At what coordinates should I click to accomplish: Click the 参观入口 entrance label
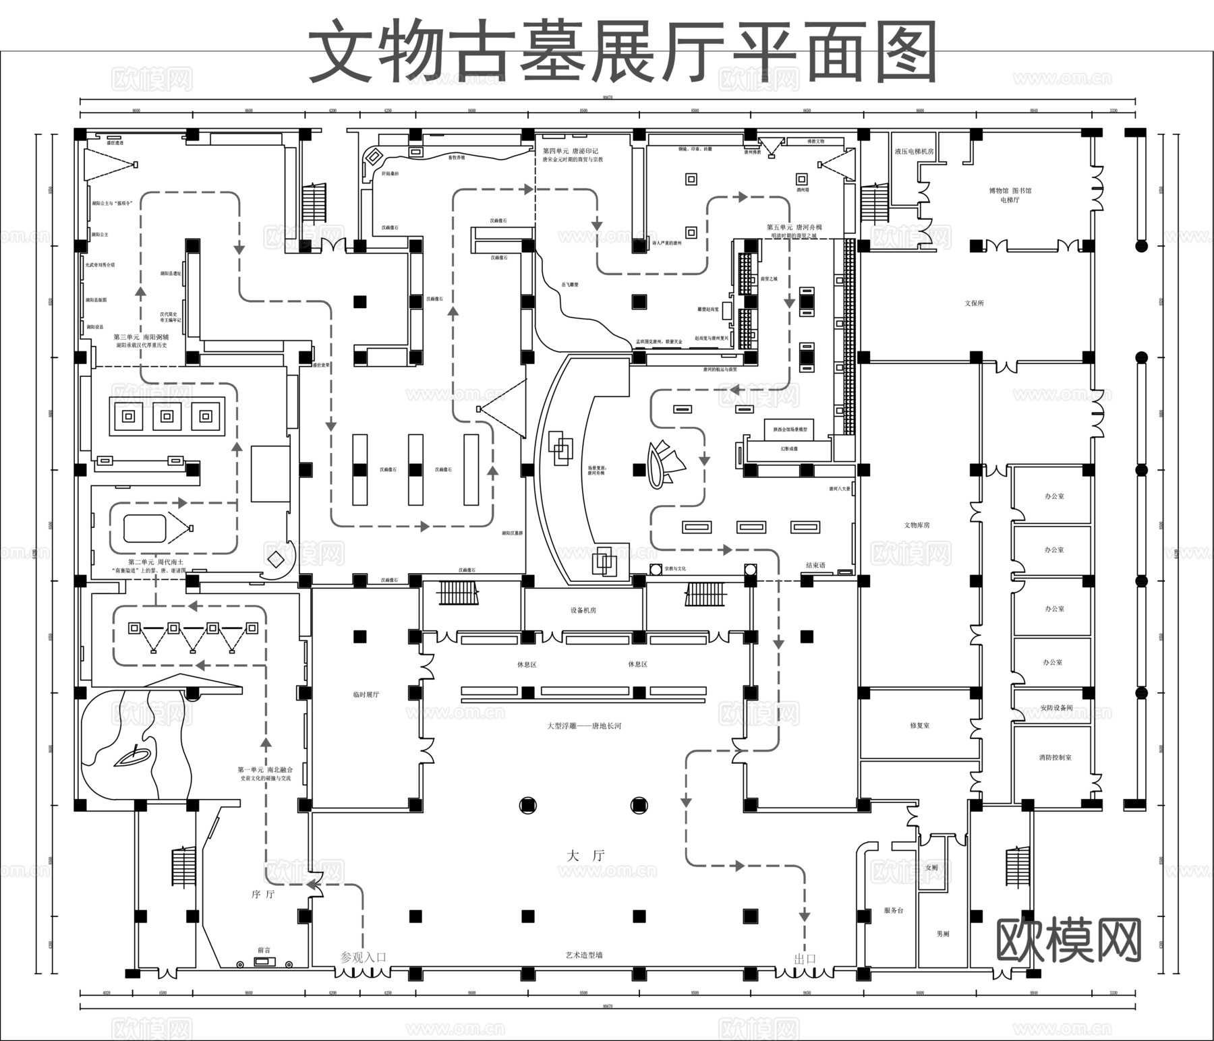pos(363,957)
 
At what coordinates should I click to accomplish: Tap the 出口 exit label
pos(805,959)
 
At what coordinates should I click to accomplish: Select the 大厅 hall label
pos(585,856)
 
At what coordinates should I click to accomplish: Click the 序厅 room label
pos(263,895)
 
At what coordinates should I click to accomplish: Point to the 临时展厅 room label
pos(366,694)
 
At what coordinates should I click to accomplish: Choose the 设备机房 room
pos(583,610)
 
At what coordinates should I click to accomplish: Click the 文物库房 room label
pos(917,525)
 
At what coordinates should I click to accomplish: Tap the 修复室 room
pos(919,725)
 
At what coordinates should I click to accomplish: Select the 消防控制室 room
pos(1055,757)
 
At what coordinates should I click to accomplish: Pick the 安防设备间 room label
pos(1056,708)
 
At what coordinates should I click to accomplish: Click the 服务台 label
pos(893,910)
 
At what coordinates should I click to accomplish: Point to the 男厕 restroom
pos(943,934)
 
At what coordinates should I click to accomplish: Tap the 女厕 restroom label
pos(931,868)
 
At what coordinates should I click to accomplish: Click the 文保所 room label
pos(974,303)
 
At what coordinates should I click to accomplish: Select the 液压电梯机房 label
pos(914,152)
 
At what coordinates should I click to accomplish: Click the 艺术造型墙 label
pos(584,955)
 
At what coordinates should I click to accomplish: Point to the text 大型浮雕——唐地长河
pos(584,726)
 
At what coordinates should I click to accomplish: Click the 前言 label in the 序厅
pos(264,950)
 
